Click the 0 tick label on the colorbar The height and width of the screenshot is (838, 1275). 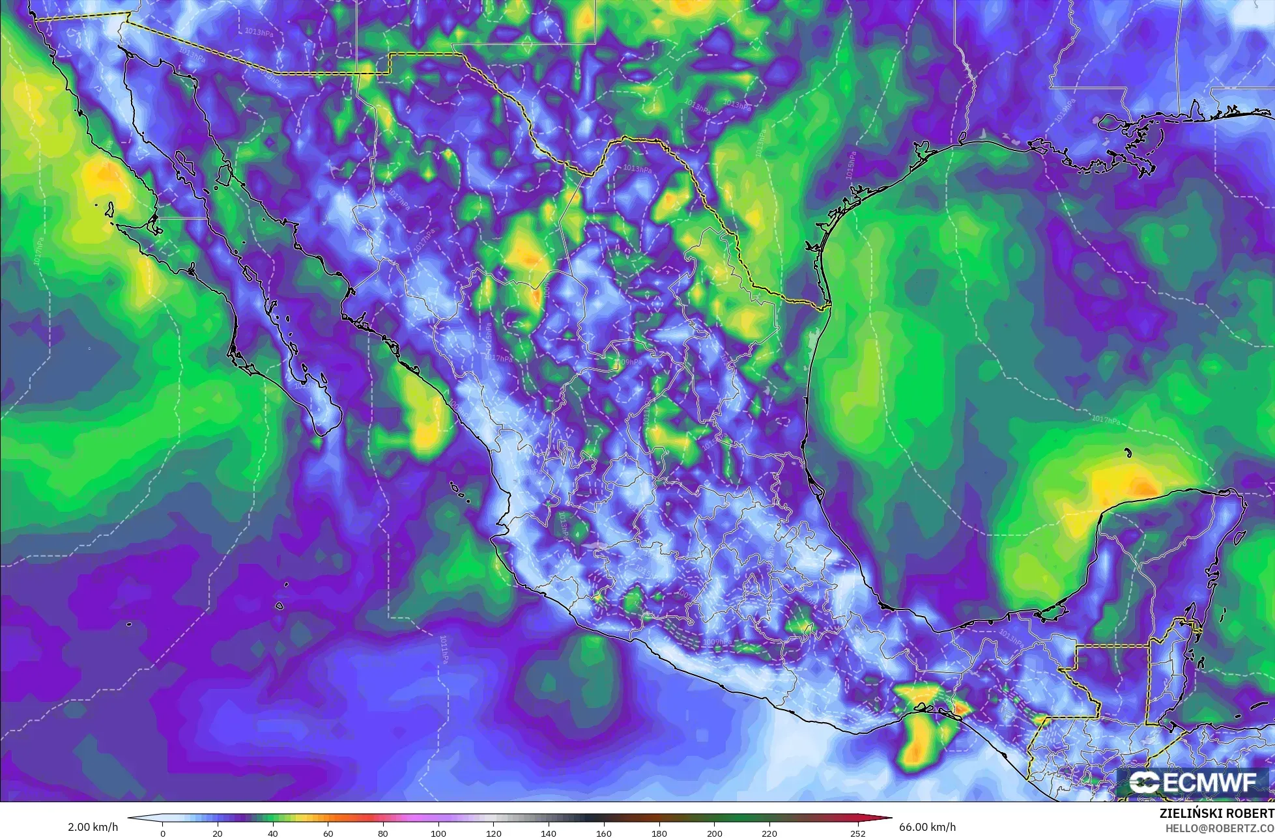coord(163,833)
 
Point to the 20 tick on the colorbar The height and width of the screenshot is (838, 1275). coord(218,833)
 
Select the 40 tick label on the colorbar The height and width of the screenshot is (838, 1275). coord(273,833)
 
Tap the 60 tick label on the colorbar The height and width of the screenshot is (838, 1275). coord(328,833)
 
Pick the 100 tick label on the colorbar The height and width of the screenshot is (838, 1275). coord(438,833)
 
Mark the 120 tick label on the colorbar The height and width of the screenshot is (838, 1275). coord(494,833)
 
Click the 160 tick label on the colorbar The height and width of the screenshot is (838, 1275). coord(604,833)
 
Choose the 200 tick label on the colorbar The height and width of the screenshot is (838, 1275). coord(715,833)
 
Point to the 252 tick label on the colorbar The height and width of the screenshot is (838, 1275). coord(858,833)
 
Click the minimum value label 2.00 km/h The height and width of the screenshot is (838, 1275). coord(93,827)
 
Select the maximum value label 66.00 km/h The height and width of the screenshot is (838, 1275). coord(928,827)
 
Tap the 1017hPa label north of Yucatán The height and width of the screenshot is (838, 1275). coord(1106,421)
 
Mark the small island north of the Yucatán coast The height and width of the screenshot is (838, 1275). coord(1127,449)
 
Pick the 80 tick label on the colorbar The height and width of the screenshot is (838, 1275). coord(383,833)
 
